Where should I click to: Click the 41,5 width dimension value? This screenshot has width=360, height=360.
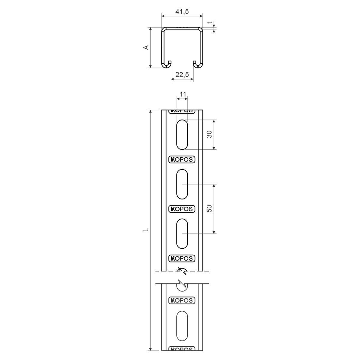click(x=182, y=12)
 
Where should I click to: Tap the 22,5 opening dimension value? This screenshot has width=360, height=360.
click(x=182, y=74)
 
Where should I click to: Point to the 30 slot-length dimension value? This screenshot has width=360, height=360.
click(x=210, y=134)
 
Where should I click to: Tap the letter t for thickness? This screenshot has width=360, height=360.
click(x=210, y=22)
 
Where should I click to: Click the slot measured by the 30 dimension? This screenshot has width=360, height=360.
click(x=182, y=134)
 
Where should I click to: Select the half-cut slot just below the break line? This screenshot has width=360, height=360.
click(x=182, y=287)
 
